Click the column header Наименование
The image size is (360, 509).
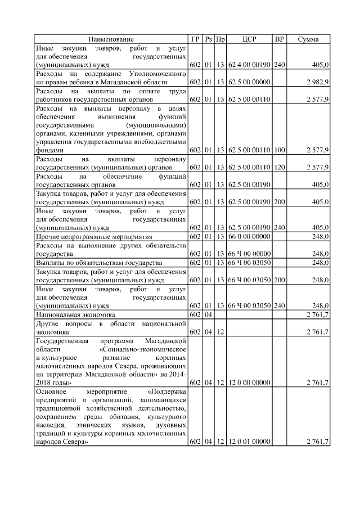click(x=111, y=39)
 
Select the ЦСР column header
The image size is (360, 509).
click(x=249, y=39)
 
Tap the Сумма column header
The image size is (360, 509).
click(x=308, y=39)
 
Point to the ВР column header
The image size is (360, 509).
click(x=279, y=39)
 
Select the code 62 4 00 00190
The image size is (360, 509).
click(x=249, y=65)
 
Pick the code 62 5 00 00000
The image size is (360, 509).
click(x=249, y=82)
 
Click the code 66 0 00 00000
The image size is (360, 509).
click(x=249, y=237)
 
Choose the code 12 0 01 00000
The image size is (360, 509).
click(x=249, y=442)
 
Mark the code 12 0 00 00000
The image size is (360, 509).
click(x=249, y=382)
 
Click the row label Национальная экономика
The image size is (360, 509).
click(x=75, y=314)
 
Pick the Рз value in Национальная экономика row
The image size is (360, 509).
click(x=208, y=314)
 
